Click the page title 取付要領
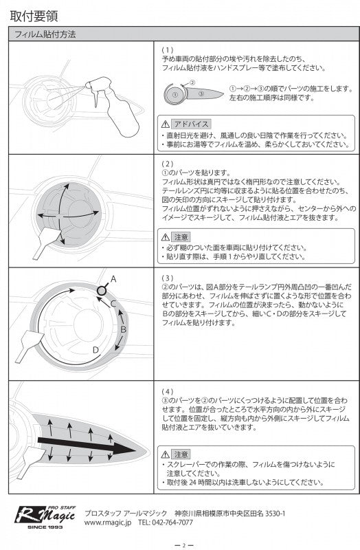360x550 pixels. tap(34, 16)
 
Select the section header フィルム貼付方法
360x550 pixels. tap(45, 34)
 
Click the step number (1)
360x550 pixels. tap(168, 50)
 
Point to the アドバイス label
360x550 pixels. tap(191, 124)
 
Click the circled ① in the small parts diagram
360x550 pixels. tap(176, 94)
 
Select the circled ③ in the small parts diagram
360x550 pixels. tap(201, 93)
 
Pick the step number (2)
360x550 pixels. tap(168, 164)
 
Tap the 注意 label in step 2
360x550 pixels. tap(181, 237)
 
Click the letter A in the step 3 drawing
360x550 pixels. tap(113, 279)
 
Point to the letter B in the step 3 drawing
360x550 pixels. tap(123, 329)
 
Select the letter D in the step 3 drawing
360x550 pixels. tap(96, 349)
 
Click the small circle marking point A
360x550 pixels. tap(102, 290)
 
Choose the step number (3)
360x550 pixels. tap(168, 278)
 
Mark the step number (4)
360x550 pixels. tap(168, 391)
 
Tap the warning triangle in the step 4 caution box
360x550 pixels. tap(166, 454)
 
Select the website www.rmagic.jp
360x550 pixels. tap(108, 522)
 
